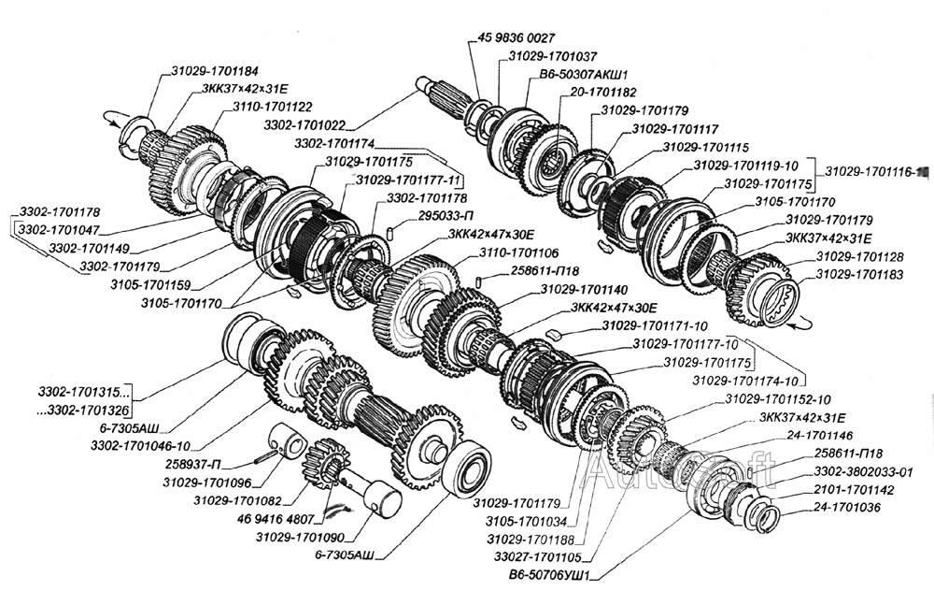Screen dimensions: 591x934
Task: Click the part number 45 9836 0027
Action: [x=517, y=38]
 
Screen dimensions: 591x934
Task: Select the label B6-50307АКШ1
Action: [x=583, y=75]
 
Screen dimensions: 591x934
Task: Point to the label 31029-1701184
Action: [x=214, y=70]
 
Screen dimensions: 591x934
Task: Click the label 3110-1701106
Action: [x=519, y=253]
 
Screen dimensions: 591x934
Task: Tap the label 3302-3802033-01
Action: [x=864, y=471]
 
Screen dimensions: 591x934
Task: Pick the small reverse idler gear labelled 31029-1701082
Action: [x=325, y=455]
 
